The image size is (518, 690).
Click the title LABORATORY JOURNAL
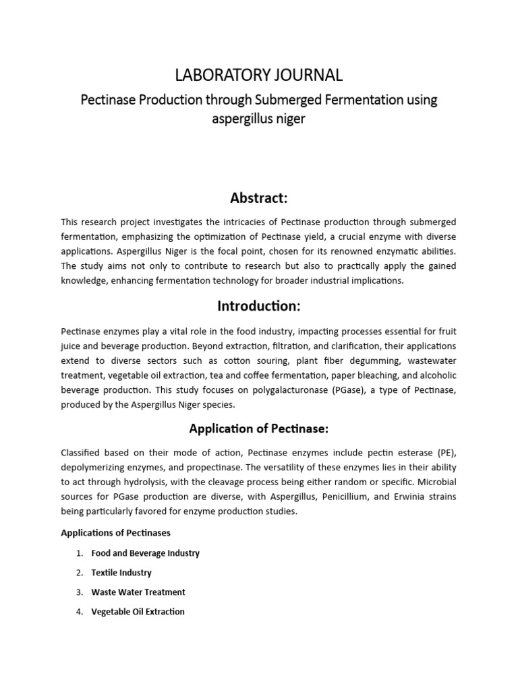(259, 74)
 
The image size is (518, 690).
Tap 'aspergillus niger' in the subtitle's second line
(259, 119)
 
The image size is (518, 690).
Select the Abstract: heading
(259, 197)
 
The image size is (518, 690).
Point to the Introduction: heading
(259, 306)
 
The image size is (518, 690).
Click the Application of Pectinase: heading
(259, 428)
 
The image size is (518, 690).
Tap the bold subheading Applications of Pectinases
(115, 532)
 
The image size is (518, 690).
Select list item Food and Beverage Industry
(145, 553)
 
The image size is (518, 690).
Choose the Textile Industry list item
(121, 573)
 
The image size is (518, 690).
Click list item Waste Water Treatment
(138, 592)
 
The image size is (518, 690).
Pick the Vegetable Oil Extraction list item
(138, 612)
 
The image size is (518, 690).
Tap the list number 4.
(79, 612)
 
